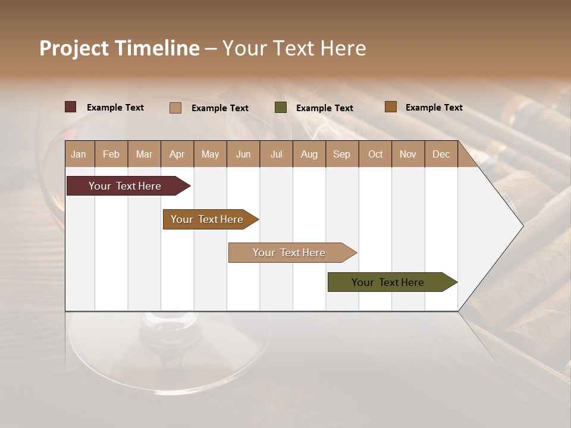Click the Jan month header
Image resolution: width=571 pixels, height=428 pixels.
pyautogui.click(x=79, y=154)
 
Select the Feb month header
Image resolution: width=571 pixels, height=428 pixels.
pyautogui.click(x=111, y=154)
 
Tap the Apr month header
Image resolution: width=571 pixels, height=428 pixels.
pyautogui.click(x=177, y=154)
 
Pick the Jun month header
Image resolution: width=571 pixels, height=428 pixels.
pyautogui.click(x=243, y=154)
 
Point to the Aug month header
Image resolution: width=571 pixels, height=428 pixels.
pyautogui.click(x=309, y=154)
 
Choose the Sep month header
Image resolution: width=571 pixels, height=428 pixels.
pyautogui.click(x=341, y=154)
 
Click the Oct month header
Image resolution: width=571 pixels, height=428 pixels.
pyautogui.click(x=375, y=154)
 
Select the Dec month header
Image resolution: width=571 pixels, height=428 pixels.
pyautogui.click(x=441, y=154)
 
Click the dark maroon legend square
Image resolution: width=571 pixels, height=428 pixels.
pyautogui.click(x=71, y=107)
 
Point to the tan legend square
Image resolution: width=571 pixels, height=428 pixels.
pyautogui.click(x=175, y=108)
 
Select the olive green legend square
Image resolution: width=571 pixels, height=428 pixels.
pyautogui.click(x=281, y=108)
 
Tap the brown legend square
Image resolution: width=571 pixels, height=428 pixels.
pyautogui.click(x=390, y=107)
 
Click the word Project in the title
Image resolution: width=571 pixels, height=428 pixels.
pyautogui.click(x=74, y=48)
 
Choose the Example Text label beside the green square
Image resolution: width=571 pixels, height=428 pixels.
pyautogui.click(x=324, y=108)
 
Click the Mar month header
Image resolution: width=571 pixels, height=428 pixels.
pyautogui.click(x=144, y=154)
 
